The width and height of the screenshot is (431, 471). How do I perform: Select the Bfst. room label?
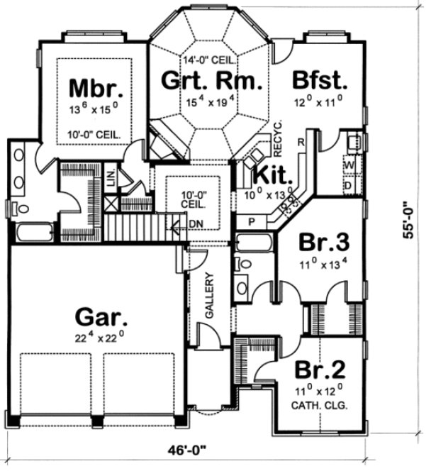(319, 80)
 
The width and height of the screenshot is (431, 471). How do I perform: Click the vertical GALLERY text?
(209, 294)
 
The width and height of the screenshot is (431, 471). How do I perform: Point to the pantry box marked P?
(251, 222)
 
